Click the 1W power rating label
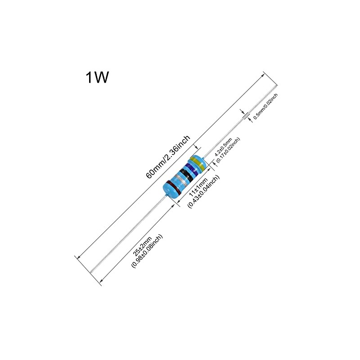pyautogui.click(x=97, y=77)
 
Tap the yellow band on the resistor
pyautogui.click(x=198, y=163)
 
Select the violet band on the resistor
pyautogui.click(x=192, y=170)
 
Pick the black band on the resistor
pyautogui.click(x=186, y=175)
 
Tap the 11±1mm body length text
pyautogui.click(x=198, y=187)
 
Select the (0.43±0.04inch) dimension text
pyautogui.click(x=203, y=191)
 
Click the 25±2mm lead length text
pyautogui.click(x=142, y=246)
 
